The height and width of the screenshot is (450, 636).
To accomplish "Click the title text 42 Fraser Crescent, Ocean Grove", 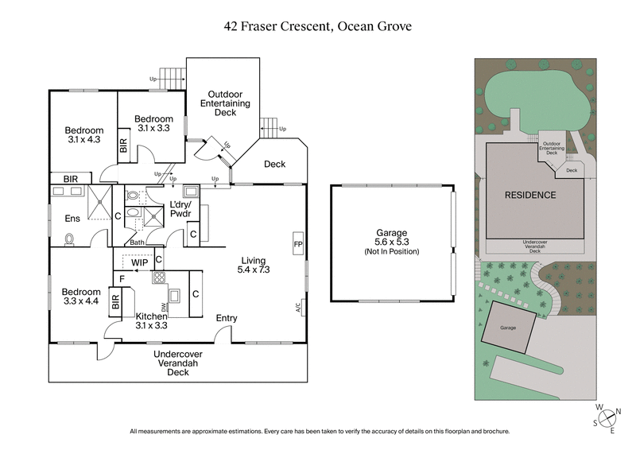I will (x=318, y=25).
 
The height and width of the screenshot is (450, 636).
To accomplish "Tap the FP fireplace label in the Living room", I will (x=298, y=243).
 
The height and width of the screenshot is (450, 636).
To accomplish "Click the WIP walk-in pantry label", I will (x=140, y=262).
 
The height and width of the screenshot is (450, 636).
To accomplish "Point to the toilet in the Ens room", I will (x=71, y=237).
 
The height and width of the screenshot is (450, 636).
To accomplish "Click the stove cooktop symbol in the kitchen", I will (x=158, y=278).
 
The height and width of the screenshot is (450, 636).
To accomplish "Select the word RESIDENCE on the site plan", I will (x=530, y=195).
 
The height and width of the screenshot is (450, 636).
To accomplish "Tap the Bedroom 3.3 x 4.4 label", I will (x=82, y=297).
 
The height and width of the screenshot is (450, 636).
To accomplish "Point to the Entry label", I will (x=227, y=318).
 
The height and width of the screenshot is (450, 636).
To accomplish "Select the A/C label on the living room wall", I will (x=298, y=306).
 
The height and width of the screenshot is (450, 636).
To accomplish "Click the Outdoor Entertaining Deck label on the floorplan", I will (x=225, y=103).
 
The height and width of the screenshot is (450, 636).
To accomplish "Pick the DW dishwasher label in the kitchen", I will (x=163, y=306).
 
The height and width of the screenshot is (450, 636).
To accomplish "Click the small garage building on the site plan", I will (x=509, y=328).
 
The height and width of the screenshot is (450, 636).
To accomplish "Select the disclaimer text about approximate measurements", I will (x=318, y=432).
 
